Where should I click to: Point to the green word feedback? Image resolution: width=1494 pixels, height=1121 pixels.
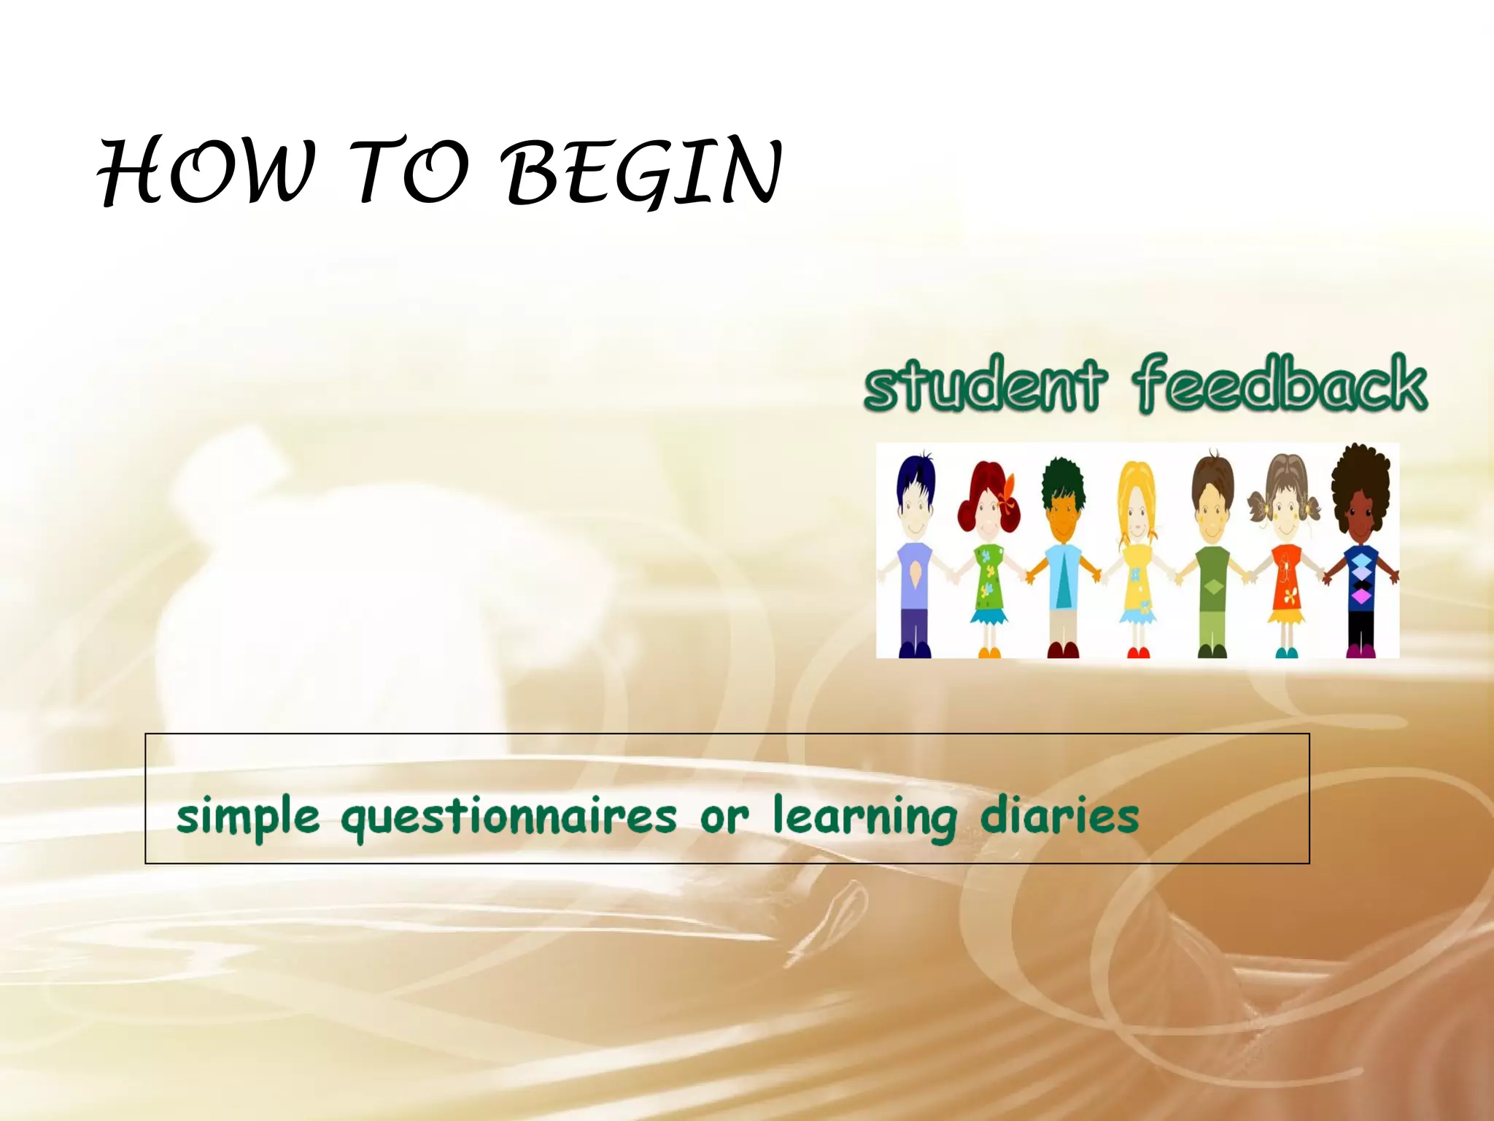[x=1281, y=382]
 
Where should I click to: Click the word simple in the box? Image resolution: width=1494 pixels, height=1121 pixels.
[x=248, y=816]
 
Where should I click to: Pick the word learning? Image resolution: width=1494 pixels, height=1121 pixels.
[x=864, y=816]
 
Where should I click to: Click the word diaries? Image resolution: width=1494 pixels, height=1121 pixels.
[x=1059, y=814]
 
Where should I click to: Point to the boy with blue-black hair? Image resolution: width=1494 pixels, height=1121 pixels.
[x=914, y=555]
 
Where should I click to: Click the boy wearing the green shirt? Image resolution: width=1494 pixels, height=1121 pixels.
[x=1212, y=555]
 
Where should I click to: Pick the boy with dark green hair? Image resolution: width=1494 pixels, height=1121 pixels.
[x=1063, y=555]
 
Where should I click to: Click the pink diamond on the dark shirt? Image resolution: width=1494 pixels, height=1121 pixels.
[x=1361, y=597]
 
